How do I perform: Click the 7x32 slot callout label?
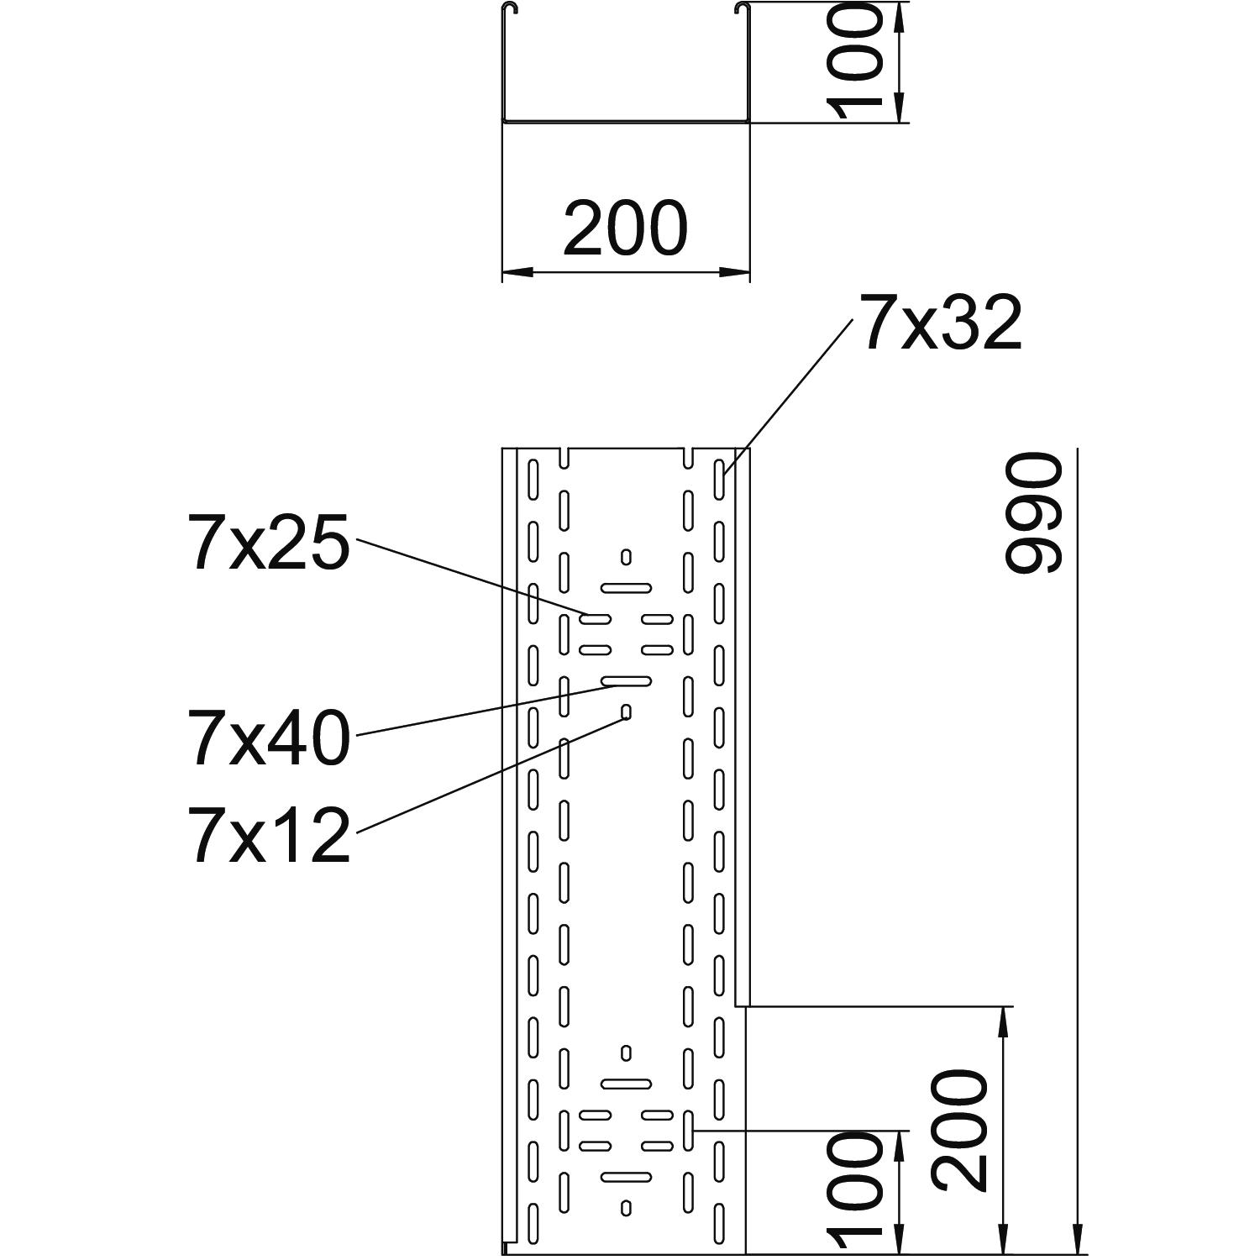937,323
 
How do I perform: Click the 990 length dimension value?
1035,513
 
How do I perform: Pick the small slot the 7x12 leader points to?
626,712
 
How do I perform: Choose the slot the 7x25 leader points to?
596,619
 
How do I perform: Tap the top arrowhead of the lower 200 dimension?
1004,1018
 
